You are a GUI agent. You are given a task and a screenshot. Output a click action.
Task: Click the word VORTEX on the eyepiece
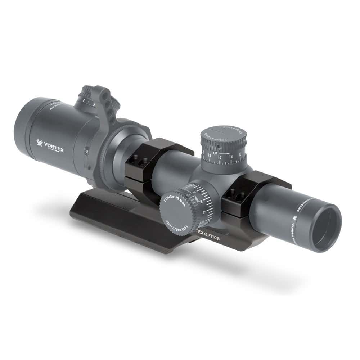[x=54, y=145]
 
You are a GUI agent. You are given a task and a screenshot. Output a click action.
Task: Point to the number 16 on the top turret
[x=219, y=157]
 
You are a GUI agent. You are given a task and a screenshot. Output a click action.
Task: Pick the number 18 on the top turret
[x=210, y=155]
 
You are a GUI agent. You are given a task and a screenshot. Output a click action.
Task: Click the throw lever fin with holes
[x=108, y=106]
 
